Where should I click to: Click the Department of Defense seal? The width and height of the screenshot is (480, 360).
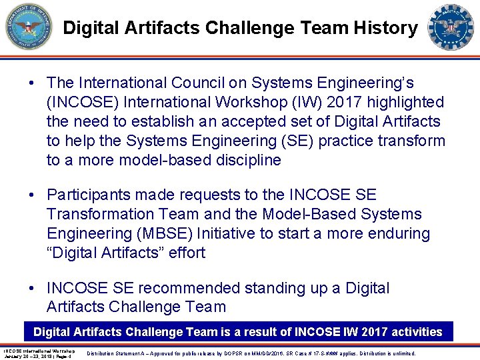[x=29, y=27]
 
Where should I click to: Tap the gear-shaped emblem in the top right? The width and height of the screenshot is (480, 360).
[x=451, y=27]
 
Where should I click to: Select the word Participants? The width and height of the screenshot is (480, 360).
[x=90, y=195]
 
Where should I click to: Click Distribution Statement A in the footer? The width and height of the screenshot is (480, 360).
[x=117, y=353]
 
